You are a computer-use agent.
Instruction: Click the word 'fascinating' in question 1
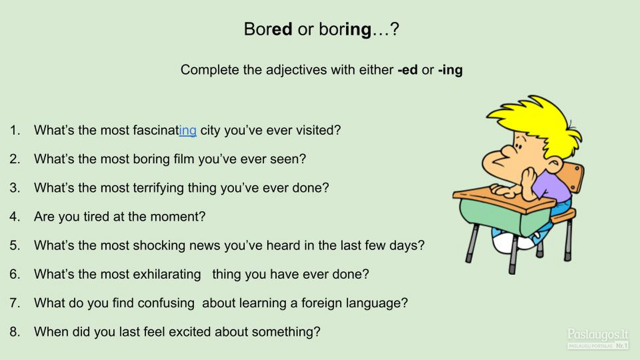(x=164, y=130)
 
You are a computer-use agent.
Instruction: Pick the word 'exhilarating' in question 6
(x=167, y=274)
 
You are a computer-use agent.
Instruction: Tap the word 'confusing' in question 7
(x=166, y=303)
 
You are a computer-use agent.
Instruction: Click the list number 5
(x=15, y=245)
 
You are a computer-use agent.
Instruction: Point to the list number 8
(x=15, y=332)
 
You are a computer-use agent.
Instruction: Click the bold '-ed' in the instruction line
(x=408, y=70)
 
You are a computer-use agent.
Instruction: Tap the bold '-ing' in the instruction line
(x=450, y=70)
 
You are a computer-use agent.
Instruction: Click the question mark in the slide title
(x=394, y=29)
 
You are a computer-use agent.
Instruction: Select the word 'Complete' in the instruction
(x=210, y=70)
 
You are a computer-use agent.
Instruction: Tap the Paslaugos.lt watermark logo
(x=598, y=338)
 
